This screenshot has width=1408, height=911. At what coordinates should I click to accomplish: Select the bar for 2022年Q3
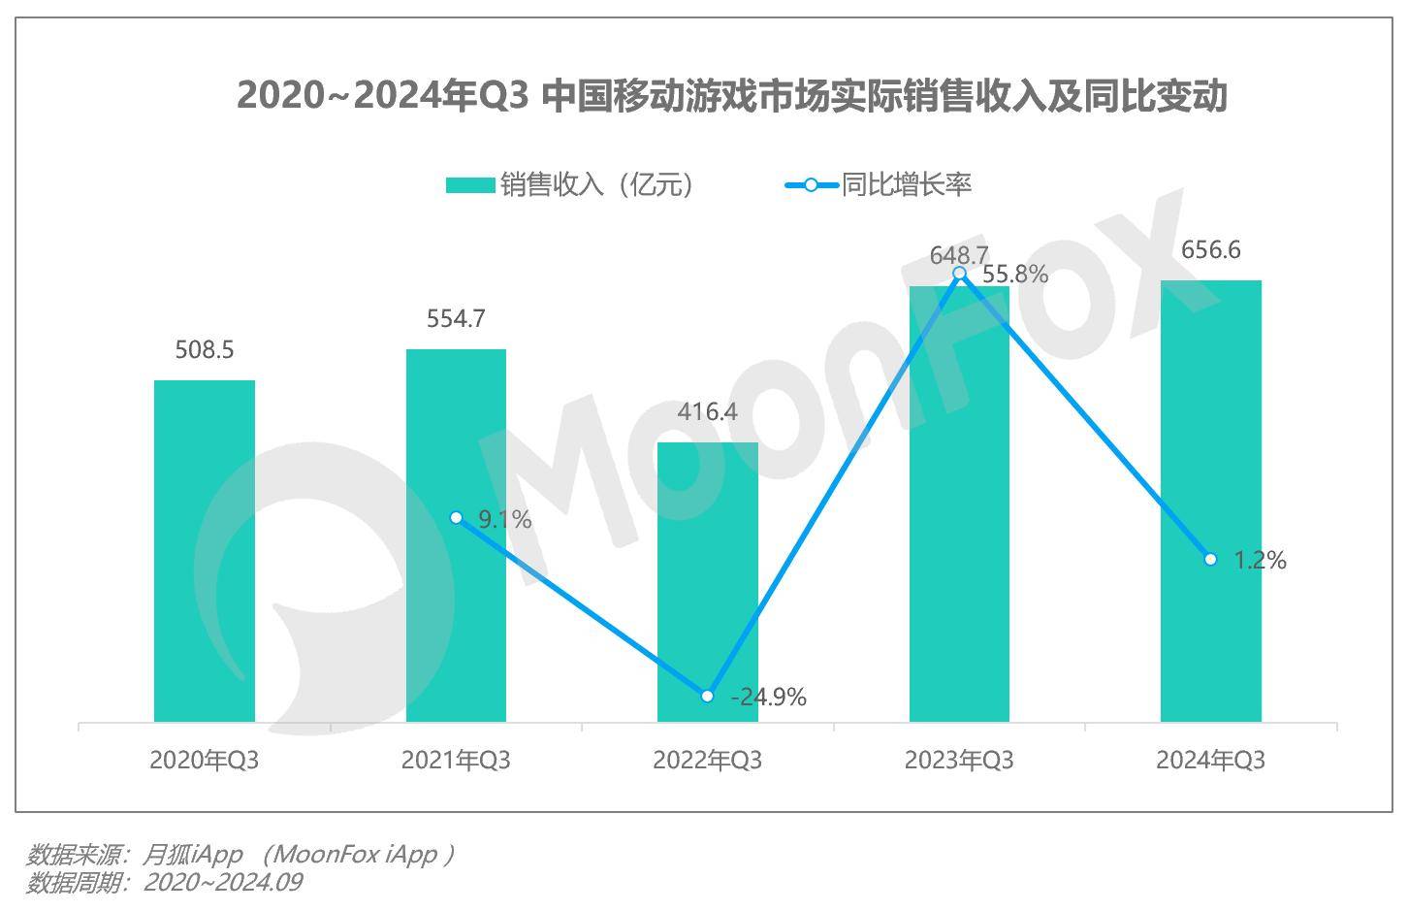708,582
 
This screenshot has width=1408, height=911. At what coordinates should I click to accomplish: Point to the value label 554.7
456,318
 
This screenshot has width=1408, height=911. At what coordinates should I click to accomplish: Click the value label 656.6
1211,250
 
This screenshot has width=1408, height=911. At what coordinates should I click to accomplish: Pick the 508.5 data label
205,349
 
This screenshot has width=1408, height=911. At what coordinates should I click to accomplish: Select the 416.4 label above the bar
708,411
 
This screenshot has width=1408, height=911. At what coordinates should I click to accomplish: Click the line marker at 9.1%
457,518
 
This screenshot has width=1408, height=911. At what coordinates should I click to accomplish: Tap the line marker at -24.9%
708,697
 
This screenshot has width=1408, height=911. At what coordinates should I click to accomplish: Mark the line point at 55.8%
960,274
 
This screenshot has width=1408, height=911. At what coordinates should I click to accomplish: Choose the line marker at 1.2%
1210,560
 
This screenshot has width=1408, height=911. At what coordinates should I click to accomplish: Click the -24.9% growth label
768,697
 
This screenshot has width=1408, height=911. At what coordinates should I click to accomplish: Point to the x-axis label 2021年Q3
456,760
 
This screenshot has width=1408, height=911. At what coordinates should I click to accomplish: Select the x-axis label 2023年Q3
959,760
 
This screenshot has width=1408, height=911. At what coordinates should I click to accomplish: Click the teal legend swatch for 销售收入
470,184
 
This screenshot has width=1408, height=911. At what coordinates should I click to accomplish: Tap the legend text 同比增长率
906,184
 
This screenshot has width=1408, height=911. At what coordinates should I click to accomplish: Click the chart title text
732,96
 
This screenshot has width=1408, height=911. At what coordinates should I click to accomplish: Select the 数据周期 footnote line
165,882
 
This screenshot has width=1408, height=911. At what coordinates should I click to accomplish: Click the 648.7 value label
958,255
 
